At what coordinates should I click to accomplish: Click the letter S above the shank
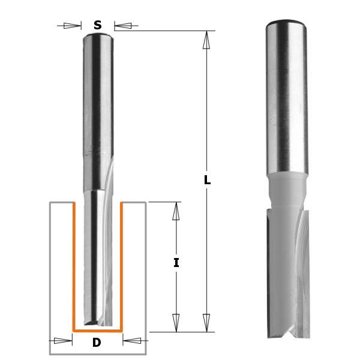[97, 25]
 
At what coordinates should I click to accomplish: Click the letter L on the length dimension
[207, 180]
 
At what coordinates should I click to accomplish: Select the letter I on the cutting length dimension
[176, 262]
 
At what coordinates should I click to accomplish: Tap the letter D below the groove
[97, 343]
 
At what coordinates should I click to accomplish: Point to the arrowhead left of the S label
[72, 26]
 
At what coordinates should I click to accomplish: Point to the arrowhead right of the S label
[123, 26]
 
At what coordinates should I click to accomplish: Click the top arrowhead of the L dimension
[206, 40]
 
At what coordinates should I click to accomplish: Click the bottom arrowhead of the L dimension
[206, 322]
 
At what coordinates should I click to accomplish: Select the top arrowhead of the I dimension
[176, 211]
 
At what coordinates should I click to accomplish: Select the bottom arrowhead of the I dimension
[176, 322]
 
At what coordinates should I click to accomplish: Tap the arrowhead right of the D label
[131, 341]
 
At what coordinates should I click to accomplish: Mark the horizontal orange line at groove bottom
[97, 330]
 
